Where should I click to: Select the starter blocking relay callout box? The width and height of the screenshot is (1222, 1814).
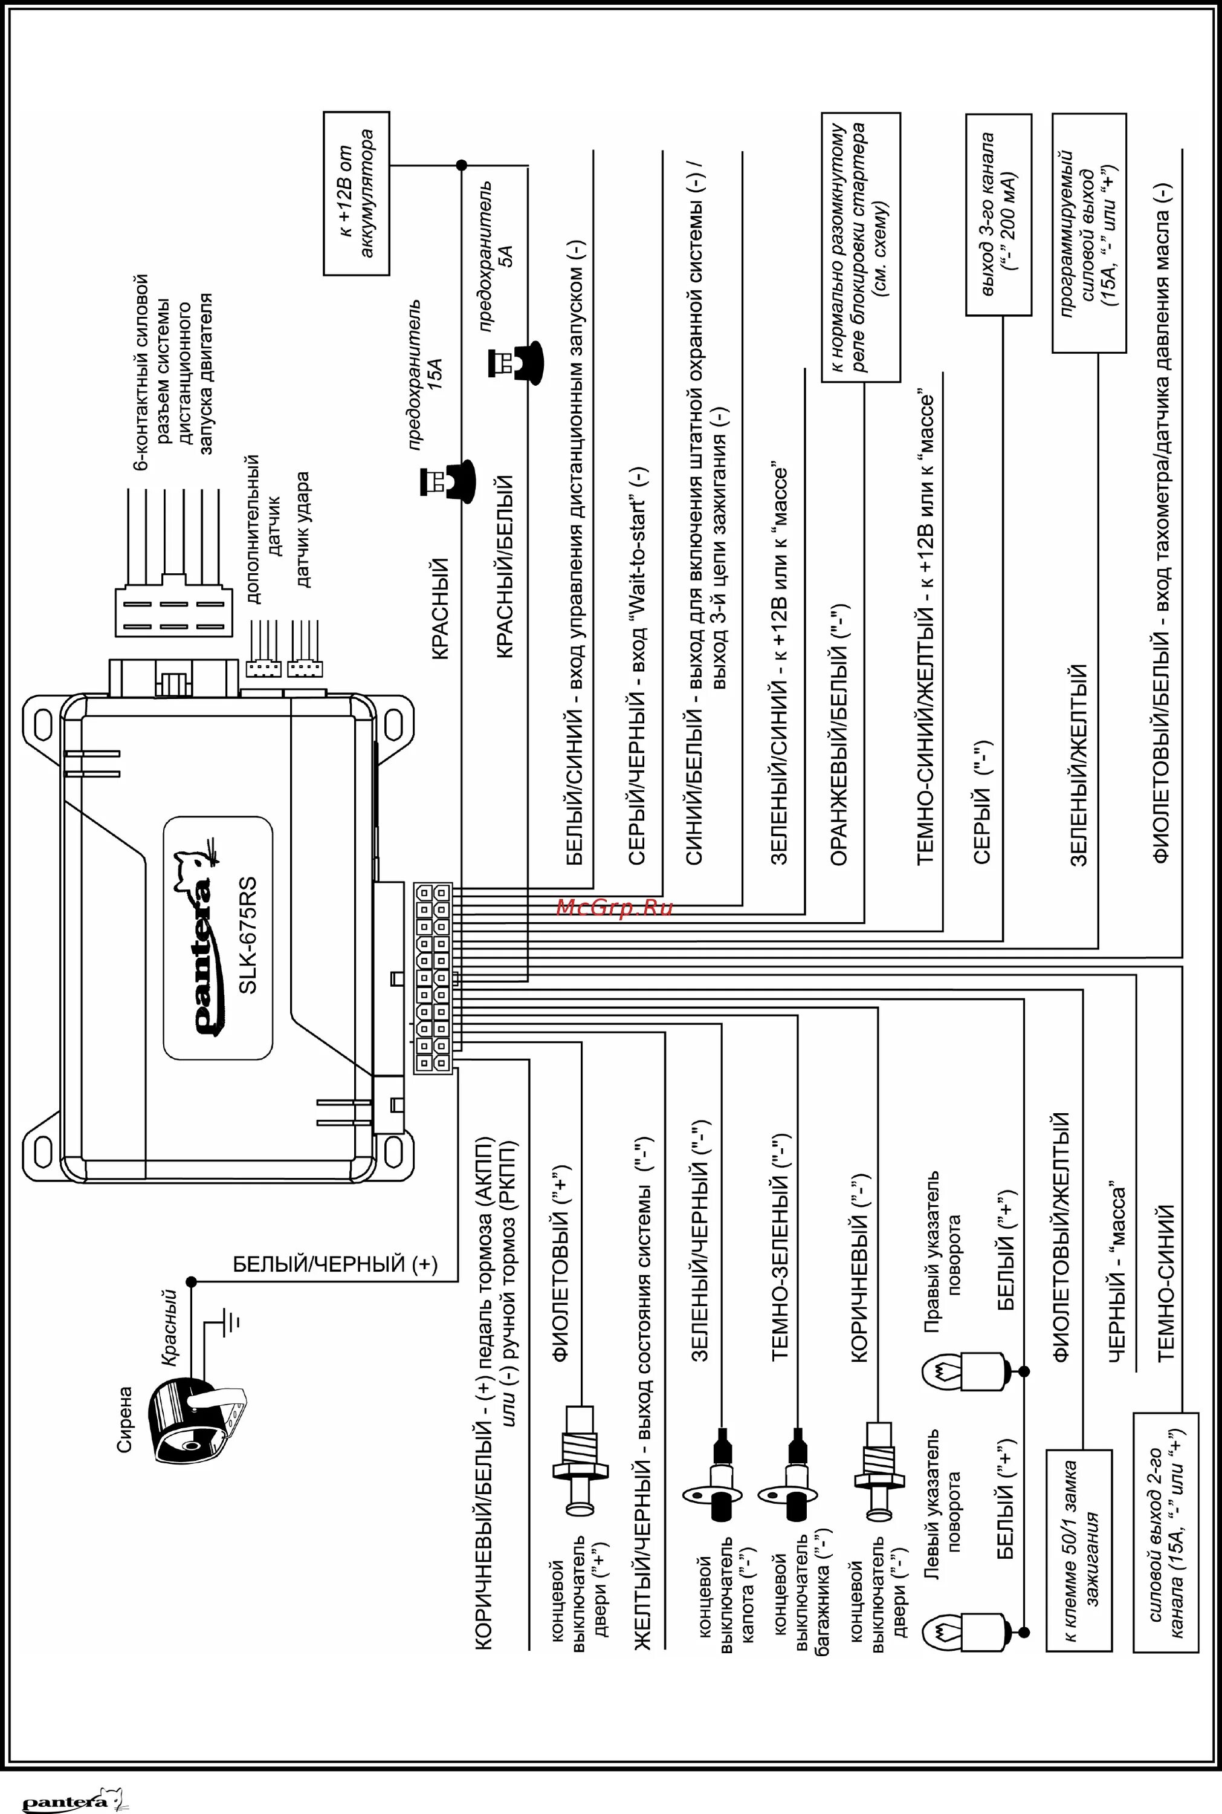point(861,248)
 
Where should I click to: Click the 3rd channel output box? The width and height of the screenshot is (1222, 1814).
point(999,215)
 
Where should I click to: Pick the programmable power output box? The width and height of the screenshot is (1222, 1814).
point(1088,232)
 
